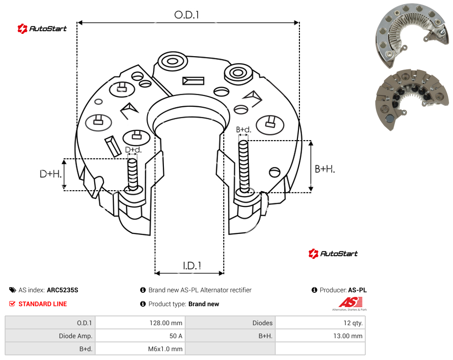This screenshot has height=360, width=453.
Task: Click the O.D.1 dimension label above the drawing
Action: pyautogui.click(x=187, y=15)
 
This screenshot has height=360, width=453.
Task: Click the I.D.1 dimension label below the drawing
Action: pyautogui.click(x=192, y=266)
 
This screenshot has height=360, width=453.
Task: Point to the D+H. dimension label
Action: pyautogui.click(x=51, y=174)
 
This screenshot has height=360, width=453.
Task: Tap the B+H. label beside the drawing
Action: pyautogui.click(x=325, y=169)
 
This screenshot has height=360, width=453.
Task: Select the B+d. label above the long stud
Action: pyautogui.click(x=244, y=129)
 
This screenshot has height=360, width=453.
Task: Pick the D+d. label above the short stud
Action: pyautogui.click(x=133, y=149)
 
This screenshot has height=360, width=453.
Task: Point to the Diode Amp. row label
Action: pyautogui.click(x=75, y=336)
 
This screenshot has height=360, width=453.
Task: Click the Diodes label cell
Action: pyautogui.click(x=262, y=323)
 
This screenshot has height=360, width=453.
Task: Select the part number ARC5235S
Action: pyautogui.click(x=62, y=290)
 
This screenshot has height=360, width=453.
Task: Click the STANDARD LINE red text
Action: pyautogui.click(x=43, y=304)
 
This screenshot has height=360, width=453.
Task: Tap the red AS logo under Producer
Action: pyautogui.click(x=350, y=302)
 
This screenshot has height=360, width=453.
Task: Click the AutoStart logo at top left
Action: pyautogui.click(x=42, y=29)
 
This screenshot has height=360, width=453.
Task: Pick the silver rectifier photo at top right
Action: pyautogui.click(x=413, y=35)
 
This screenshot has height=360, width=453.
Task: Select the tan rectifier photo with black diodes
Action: pyautogui.click(x=413, y=99)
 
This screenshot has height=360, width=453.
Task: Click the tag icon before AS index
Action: pyautogui.click(x=13, y=290)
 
